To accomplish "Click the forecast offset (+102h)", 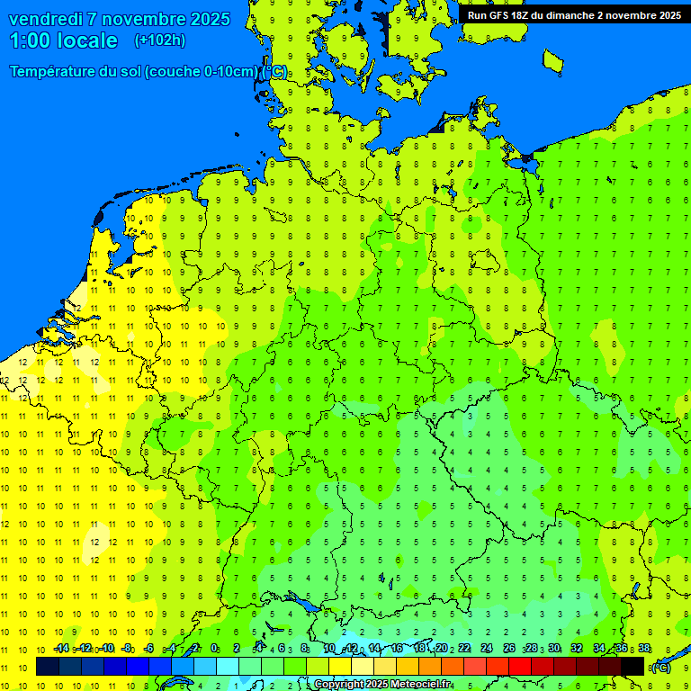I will [159, 40].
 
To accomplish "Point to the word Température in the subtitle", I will [55, 72].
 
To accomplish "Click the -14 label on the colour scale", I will [61, 649].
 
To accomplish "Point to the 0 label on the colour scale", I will [214, 649].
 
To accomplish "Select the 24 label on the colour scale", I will [487, 649].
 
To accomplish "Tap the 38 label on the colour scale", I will [644, 649].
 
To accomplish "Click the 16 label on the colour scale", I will [396, 649].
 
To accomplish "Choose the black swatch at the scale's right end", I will [633, 666].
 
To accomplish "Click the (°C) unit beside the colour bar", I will [661, 667].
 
